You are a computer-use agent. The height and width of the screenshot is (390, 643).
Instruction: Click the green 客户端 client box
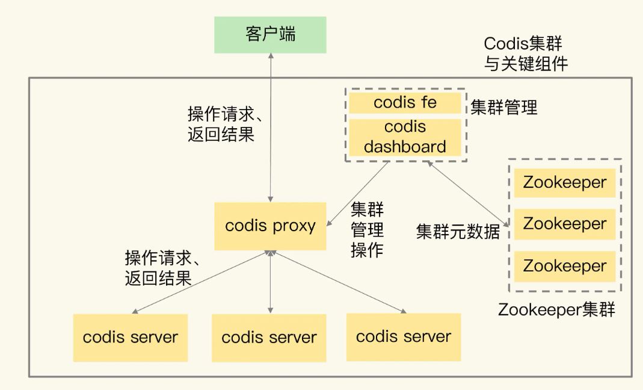click(270, 35)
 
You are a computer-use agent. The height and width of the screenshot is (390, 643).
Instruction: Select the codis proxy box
click(270, 226)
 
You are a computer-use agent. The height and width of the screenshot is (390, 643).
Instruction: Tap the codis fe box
click(405, 102)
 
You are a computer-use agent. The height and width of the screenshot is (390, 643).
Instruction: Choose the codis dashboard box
click(405, 137)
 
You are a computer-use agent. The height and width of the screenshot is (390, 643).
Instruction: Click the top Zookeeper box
click(565, 182)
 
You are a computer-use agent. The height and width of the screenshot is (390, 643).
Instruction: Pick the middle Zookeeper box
click(565, 224)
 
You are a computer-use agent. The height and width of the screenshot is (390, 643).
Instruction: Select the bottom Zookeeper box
click(565, 266)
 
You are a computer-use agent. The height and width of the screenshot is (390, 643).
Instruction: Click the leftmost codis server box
click(130, 337)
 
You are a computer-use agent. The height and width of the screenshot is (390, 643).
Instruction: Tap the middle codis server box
click(269, 338)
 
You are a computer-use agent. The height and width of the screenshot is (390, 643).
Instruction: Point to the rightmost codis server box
click(403, 336)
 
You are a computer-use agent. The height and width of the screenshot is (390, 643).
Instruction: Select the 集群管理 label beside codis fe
click(504, 108)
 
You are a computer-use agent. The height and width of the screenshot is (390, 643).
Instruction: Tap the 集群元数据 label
click(458, 232)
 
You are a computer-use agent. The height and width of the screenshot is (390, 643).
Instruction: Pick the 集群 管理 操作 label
click(367, 229)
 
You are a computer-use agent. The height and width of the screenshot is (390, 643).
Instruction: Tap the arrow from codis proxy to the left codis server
click(198, 283)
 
